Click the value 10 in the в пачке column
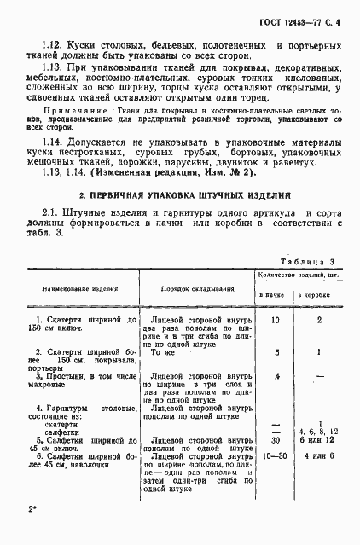pyautogui.click(x=275, y=319)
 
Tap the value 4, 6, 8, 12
pyautogui.click(x=319, y=432)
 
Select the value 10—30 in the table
pyautogui.click(x=275, y=455)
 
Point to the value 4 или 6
pyautogui.click(x=319, y=455)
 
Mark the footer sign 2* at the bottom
pyautogui.click(x=32, y=510)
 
